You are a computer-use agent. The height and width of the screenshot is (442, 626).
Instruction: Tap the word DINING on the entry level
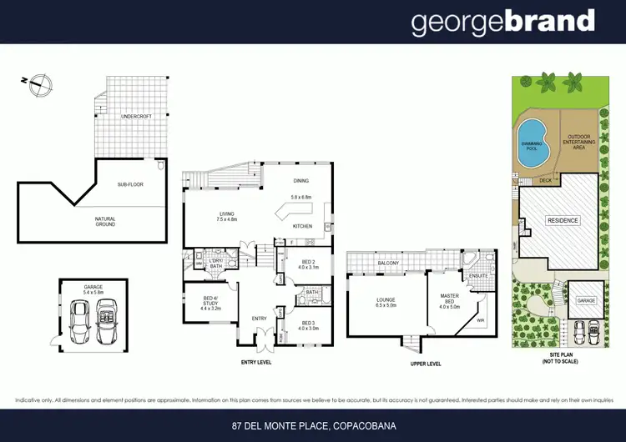tap(300, 181)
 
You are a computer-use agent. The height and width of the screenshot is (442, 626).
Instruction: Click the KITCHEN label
tap(301, 226)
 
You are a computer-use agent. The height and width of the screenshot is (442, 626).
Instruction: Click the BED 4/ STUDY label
tap(210, 304)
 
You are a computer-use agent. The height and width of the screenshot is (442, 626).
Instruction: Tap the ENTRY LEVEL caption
tap(255, 362)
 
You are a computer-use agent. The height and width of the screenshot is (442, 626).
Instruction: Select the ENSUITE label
tap(479, 274)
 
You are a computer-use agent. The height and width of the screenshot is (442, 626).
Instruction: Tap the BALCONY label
tap(387, 264)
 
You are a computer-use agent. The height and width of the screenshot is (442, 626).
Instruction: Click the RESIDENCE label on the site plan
tap(563, 220)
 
